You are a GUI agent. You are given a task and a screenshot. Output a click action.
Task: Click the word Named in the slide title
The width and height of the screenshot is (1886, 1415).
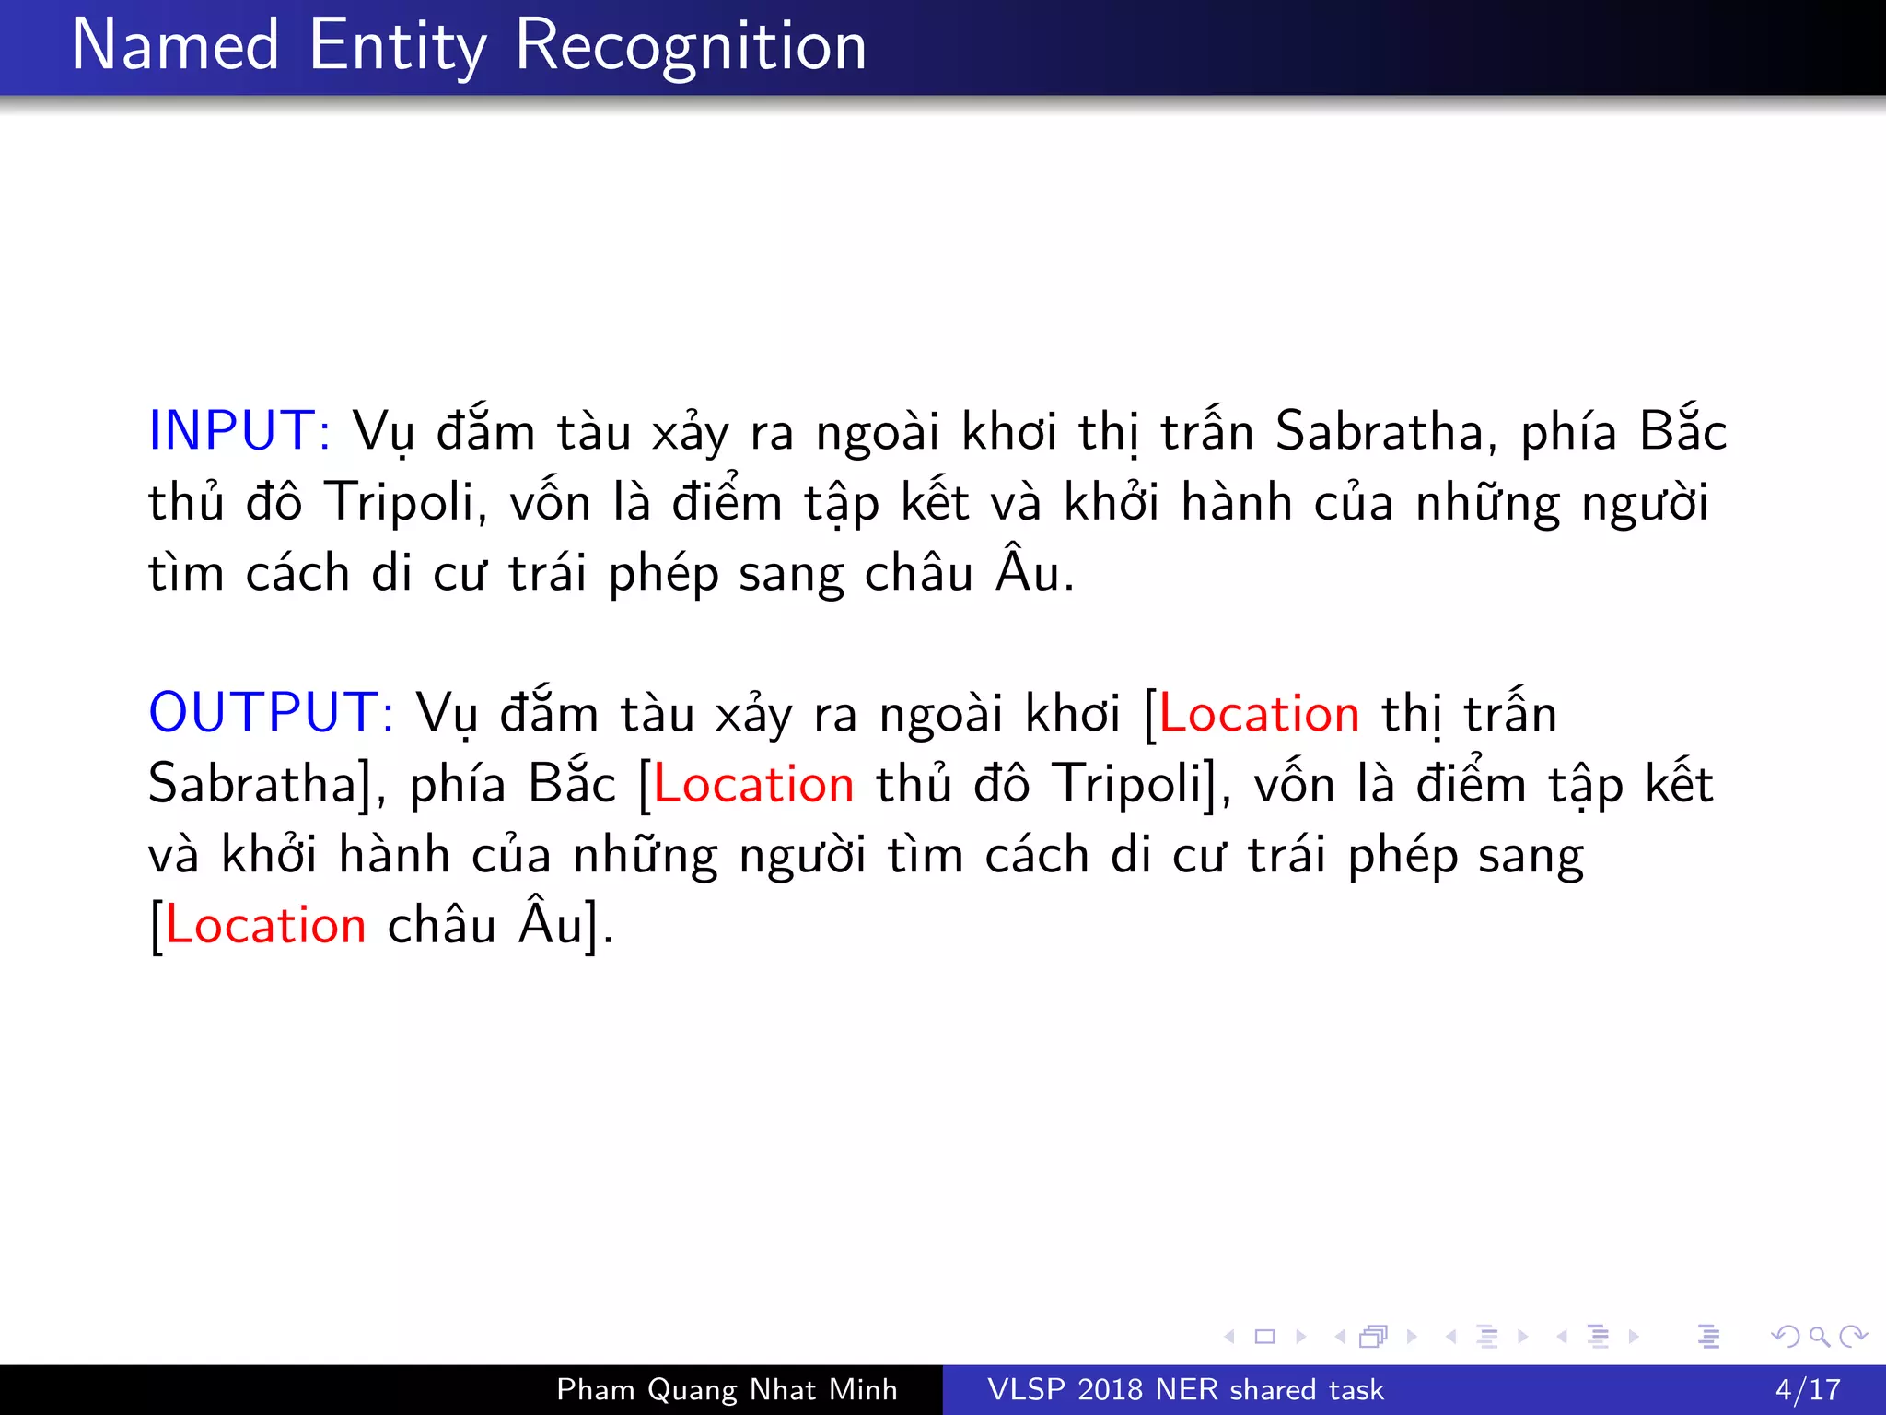175,46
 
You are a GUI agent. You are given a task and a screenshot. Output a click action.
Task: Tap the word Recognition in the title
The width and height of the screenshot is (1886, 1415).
691,46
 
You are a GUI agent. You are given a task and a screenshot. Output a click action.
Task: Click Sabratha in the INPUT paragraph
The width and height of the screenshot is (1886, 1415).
1379,431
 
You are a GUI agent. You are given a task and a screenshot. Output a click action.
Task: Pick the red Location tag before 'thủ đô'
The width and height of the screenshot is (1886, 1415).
753,785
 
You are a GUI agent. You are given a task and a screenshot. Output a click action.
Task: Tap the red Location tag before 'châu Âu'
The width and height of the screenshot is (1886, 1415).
265,926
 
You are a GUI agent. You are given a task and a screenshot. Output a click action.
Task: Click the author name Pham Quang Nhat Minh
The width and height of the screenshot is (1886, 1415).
727,1389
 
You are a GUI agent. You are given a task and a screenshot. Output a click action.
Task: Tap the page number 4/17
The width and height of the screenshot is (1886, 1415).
1808,1389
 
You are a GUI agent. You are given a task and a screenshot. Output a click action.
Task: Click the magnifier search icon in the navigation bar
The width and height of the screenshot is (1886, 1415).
1819,1336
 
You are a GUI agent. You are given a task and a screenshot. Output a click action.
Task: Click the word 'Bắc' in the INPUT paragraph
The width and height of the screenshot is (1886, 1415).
1682,431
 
